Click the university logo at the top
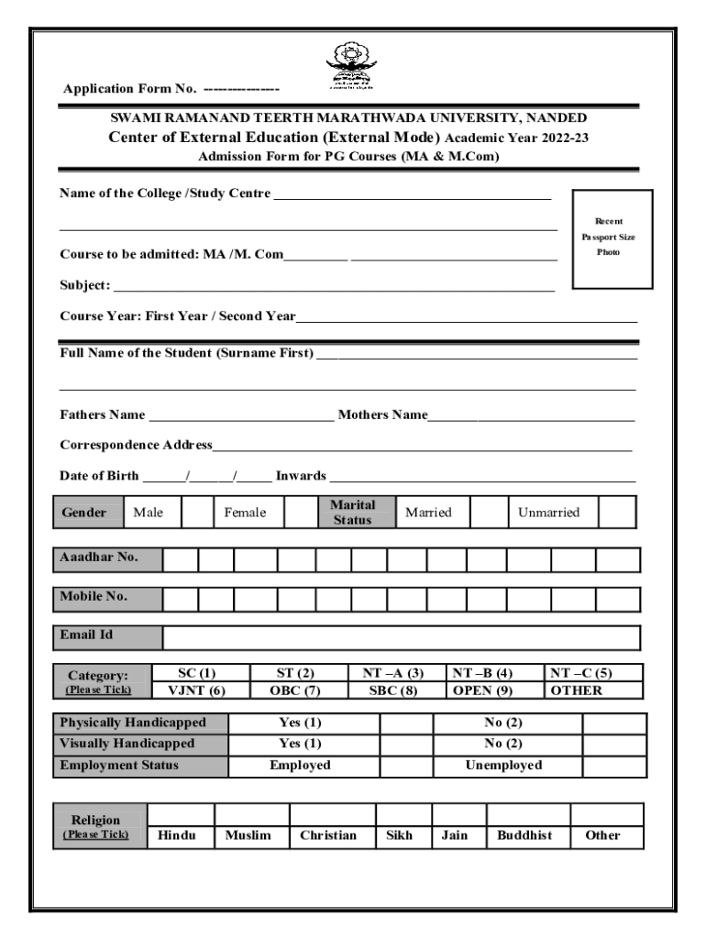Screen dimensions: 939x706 click(x=351, y=66)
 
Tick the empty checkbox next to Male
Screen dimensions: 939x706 click(x=196, y=513)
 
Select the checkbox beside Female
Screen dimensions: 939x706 click(x=300, y=513)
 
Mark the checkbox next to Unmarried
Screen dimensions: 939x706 click(x=617, y=513)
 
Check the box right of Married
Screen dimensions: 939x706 click(x=489, y=513)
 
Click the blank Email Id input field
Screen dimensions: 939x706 click(x=401, y=637)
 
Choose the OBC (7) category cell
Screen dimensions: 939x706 click(x=295, y=690)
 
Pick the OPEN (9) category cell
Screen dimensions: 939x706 click(x=483, y=690)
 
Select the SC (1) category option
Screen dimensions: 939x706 click(x=197, y=673)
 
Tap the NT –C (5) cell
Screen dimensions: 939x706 click(x=580, y=673)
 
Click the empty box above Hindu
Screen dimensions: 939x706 click(x=181, y=814)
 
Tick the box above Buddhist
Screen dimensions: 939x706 click(x=527, y=814)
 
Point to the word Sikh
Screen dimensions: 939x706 click(x=400, y=835)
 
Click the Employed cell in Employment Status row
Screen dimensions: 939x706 click(x=300, y=765)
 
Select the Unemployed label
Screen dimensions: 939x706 click(x=503, y=765)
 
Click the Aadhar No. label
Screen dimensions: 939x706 click(x=94, y=558)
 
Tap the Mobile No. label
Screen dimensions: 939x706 click(x=94, y=597)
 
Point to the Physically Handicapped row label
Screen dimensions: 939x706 click(x=133, y=723)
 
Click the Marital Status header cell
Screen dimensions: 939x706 click(x=353, y=513)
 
